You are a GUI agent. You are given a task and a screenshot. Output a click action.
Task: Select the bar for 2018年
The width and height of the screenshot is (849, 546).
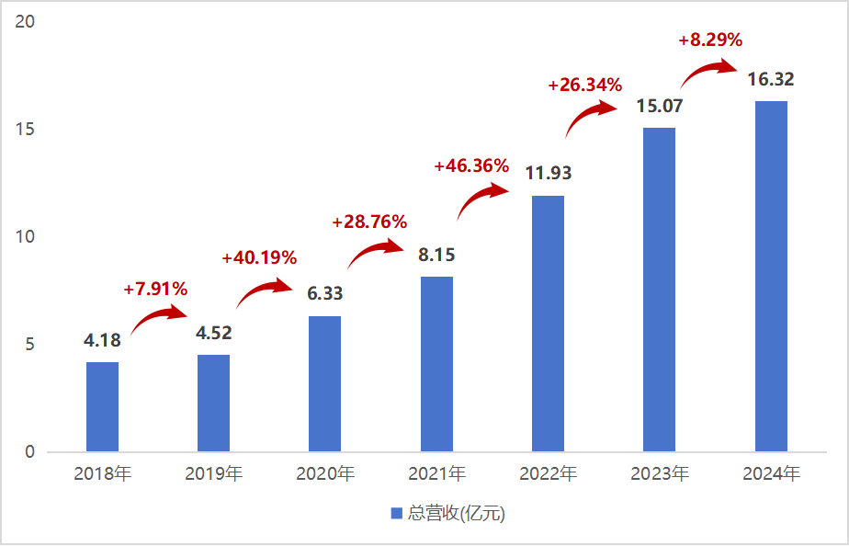[102, 406]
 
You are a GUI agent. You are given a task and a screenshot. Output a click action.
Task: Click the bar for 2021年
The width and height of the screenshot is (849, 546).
[436, 364]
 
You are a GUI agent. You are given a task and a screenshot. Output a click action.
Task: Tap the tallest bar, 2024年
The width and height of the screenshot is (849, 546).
[771, 276]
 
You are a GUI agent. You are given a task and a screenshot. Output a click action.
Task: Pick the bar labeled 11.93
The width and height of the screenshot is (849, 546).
[548, 324]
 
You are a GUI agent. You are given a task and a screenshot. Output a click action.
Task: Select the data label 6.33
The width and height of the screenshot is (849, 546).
[324, 293]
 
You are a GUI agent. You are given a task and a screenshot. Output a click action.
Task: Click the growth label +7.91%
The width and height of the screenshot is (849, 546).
[155, 290]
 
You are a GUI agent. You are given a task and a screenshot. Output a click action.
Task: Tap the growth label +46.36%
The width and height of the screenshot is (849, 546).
[470, 166]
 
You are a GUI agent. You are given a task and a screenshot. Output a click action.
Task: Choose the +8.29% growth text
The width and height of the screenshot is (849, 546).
[710, 40]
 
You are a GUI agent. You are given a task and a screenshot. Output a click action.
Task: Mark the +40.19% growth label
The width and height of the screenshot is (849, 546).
[259, 258]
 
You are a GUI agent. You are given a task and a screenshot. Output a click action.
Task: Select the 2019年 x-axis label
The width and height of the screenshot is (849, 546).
[213, 474]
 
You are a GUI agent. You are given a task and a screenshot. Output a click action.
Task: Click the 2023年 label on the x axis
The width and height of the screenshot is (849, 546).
[660, 474]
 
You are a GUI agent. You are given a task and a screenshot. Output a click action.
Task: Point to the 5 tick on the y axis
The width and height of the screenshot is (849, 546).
[30, 345]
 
